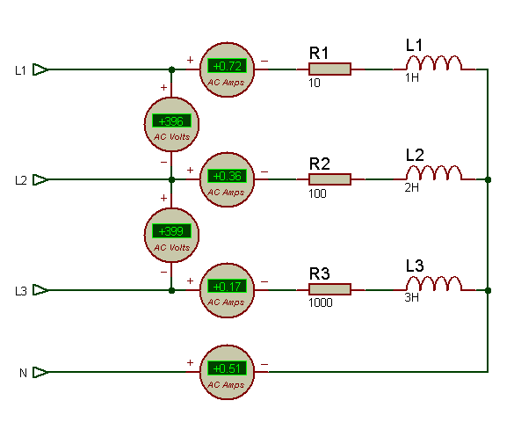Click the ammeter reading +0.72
pos(227,69)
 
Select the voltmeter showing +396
pos(171,124)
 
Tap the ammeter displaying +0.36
pos(227,179)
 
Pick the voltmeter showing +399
pos(171,235)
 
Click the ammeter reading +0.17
pos(227,290)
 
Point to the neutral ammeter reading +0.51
pos(227,372)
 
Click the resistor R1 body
pos(329,69)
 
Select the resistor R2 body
pos(329,179)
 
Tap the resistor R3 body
pos(329,289)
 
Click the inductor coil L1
pos(434,62)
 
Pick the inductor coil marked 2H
pos(434,173)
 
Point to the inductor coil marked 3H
pos(434,283)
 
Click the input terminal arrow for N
pos(40,372)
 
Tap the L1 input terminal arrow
pos(40,69)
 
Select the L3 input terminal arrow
pos(40,290)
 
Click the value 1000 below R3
pos(321,302)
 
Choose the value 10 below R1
pos(314,83)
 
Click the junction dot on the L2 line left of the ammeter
pos(171,179)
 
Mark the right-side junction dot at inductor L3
pos(488,290)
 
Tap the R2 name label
pos(319,164)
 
